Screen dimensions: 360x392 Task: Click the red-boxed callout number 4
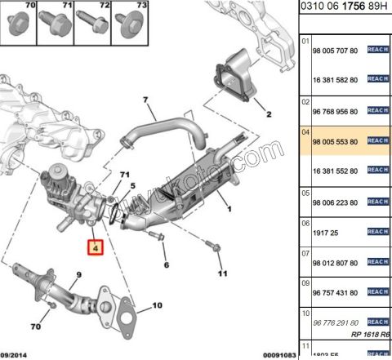point(96,247)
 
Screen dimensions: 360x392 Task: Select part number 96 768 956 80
point(335,110)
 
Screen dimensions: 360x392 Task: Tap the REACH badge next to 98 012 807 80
point(377,261)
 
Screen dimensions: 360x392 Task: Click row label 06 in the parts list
point(306,221)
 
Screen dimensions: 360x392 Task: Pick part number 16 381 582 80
point(335,79)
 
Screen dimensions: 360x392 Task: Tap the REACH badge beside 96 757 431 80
point(377,291)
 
